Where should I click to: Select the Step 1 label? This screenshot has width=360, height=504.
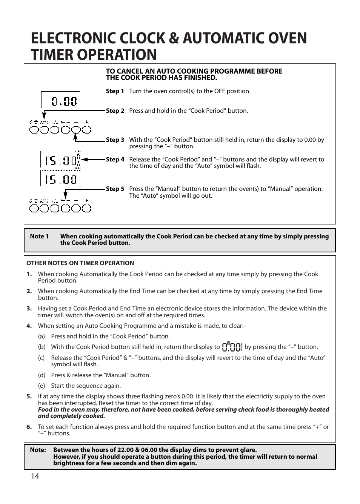point(115,91)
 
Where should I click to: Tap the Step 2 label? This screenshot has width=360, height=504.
point(115,111)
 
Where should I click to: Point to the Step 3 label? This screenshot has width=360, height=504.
point(115,140)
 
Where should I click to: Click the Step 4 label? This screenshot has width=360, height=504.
point(115,160)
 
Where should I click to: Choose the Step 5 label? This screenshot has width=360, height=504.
point(115,189)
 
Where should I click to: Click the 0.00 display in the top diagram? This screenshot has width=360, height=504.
point(64,101)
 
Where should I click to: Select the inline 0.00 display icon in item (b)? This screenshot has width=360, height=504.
point(232,347)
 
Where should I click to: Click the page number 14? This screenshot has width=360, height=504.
point(35,476)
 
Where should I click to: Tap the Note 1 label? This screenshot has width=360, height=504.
point(39,237)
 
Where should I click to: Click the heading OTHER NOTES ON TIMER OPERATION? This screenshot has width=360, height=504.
point(80,263)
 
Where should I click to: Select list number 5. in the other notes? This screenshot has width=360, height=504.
point(29,396)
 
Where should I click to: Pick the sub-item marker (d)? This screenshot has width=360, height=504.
point(42,375)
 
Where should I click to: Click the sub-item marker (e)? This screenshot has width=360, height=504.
point(42,386)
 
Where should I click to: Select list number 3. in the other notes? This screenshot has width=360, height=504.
point(29,309)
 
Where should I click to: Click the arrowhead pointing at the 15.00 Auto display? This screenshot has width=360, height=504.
point(84,160)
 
